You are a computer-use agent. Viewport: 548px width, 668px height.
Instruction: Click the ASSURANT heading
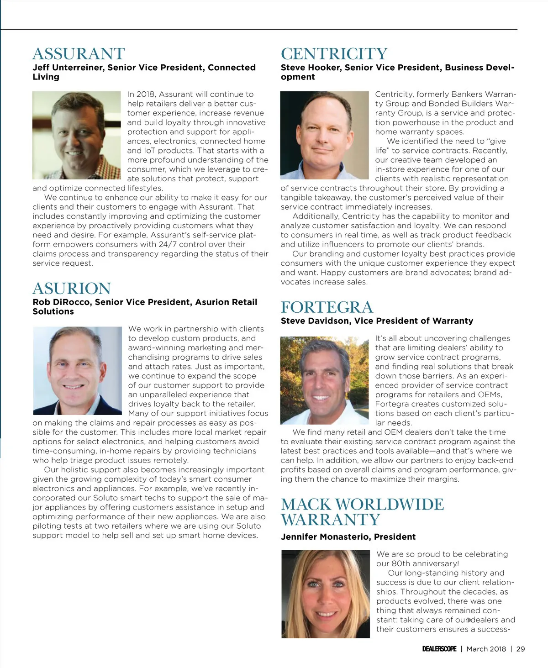click(x=79, y=54)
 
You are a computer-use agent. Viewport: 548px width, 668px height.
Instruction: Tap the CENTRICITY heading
click(x=334, y=54)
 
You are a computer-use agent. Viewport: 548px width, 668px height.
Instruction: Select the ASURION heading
click(x=72, y=289)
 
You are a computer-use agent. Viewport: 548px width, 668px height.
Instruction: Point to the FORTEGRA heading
click(x=327, y=307)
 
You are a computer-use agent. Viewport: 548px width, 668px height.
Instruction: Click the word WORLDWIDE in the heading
click(x=389, y=505)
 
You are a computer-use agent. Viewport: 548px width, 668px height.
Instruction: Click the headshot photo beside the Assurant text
click(x=77, y=135)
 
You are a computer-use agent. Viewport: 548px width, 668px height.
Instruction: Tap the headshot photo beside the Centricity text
click(x=324, y=135)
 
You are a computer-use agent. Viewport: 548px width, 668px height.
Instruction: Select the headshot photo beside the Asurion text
click(x=78, y=370)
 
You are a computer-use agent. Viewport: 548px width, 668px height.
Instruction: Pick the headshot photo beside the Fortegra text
click(x=324, y=380)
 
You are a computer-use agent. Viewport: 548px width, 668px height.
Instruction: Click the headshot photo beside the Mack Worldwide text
click(x=325, y=594)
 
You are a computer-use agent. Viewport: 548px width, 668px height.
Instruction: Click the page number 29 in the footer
click(x=521, y=649)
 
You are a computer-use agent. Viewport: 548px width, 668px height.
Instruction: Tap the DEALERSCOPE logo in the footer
click(x=439, y=649)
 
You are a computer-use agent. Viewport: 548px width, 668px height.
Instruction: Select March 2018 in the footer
click(x=486, y=649)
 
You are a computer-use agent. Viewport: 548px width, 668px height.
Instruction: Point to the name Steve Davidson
click(x=315, y=321)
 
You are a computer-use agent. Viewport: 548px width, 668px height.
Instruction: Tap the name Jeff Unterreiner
click(x=67, y=68)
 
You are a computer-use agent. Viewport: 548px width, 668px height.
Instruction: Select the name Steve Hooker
click(x=310, y=68)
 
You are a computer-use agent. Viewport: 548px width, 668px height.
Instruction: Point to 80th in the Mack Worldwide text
click(x=401, y=563)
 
